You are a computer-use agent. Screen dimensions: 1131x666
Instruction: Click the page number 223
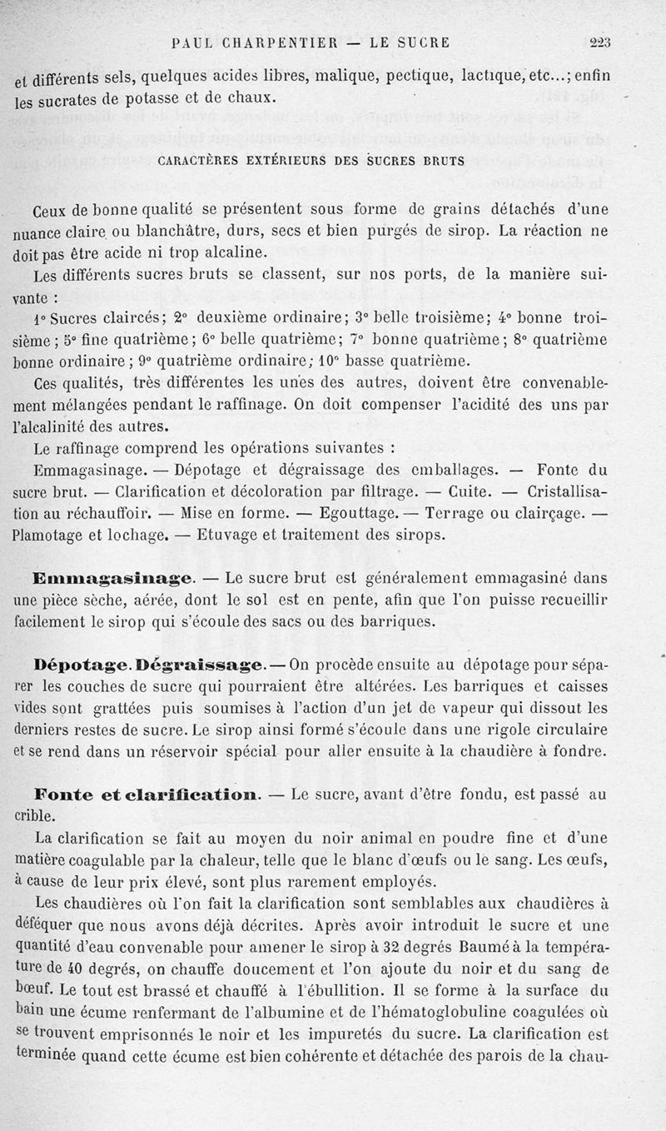(x=599, y=43)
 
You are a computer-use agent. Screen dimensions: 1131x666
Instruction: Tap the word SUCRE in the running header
(x=422, y=43)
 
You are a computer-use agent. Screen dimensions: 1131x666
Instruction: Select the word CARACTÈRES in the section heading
(x=197, y=160)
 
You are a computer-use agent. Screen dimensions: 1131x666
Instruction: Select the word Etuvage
(x=239, y=533)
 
